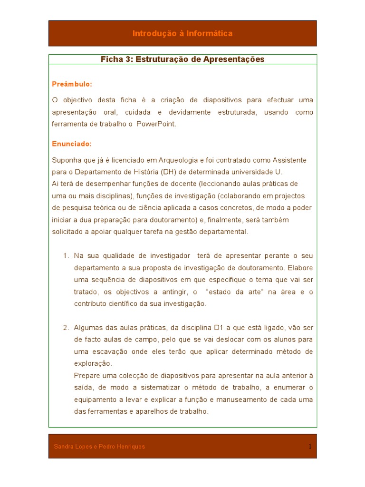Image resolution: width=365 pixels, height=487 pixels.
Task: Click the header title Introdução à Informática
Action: click(x=182, y=33)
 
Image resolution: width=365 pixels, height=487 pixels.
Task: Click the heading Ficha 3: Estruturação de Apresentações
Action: click(x=182, y=59)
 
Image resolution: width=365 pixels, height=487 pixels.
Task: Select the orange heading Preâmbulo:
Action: click(x=72, y=84)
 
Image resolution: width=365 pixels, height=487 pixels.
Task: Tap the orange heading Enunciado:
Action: click(x=72, y=144)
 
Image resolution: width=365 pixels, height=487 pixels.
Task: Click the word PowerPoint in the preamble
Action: click(x=156, y=124)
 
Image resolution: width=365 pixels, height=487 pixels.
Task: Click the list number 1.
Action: click(x=66, y=256)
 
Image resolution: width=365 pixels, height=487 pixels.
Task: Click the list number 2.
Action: click(x=66, y=328)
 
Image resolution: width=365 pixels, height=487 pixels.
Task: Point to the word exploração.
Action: click(x=93, y=364)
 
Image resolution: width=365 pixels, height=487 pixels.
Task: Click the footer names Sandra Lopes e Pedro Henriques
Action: click(x=99, y=447)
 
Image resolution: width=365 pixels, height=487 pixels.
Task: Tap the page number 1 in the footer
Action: click(x=310, y=447)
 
